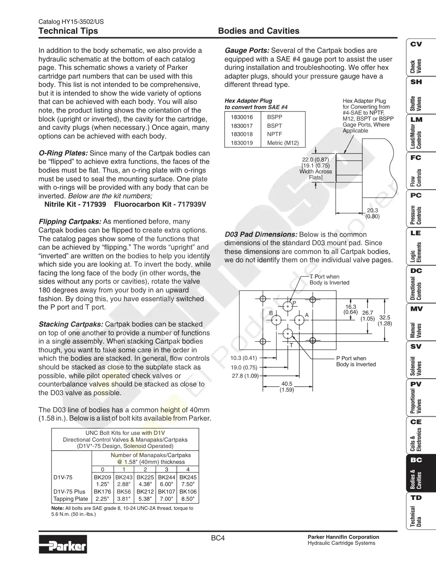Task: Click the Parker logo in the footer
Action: point(63,544)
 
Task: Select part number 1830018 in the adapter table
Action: point(242,134)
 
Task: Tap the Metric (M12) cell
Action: point(283,143)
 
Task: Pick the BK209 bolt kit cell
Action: point(102,477)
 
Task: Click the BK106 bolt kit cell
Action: point(188,492)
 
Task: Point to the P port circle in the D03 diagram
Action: point(288,306)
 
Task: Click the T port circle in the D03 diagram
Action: point(288,334)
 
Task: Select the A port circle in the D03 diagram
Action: point(299,320)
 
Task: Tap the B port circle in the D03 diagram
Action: point(276,320)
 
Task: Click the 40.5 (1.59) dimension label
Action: point(287,386)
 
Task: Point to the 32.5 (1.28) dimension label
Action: point(384,320)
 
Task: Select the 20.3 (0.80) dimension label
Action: point(372,213)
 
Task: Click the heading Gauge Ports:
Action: point(247,50)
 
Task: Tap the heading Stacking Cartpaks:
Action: point(71,324)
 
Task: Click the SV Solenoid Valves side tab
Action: point(421,359)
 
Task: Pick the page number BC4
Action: point(218,538)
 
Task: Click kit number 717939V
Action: point(192,204)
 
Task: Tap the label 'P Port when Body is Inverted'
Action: point(356,361)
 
